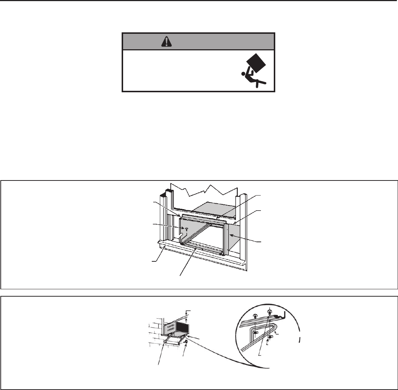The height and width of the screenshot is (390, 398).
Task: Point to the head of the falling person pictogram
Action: pos(243,74)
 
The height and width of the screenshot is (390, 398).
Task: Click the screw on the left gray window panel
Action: pos(186,228)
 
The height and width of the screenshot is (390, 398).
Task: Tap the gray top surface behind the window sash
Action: pos(213,208)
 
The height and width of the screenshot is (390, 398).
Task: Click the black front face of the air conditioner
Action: pos(183,327)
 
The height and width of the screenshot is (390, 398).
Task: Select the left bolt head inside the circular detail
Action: pos(254,316)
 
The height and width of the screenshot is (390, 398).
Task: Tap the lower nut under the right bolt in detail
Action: pos(270,336)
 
